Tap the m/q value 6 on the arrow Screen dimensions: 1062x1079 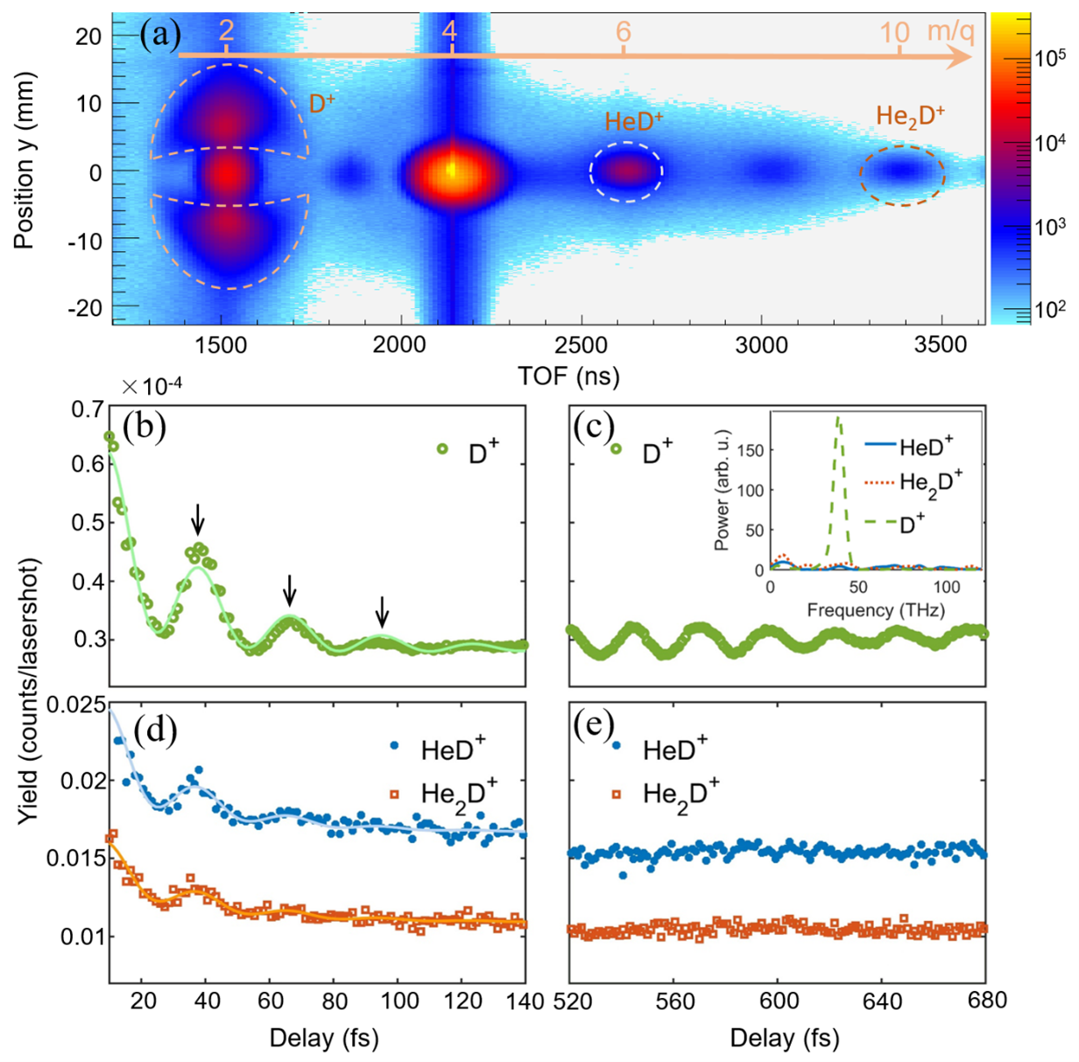pos(623,32)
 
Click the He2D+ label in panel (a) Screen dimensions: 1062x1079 pos(911,117)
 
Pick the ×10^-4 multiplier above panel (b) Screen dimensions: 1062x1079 pos(152,386)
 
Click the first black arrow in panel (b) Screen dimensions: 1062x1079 pos(198,519)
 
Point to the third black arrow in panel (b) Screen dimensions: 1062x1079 pos(381,610)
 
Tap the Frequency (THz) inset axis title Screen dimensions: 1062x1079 pos(875,609)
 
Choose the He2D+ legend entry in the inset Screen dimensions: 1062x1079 pos(930,484)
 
